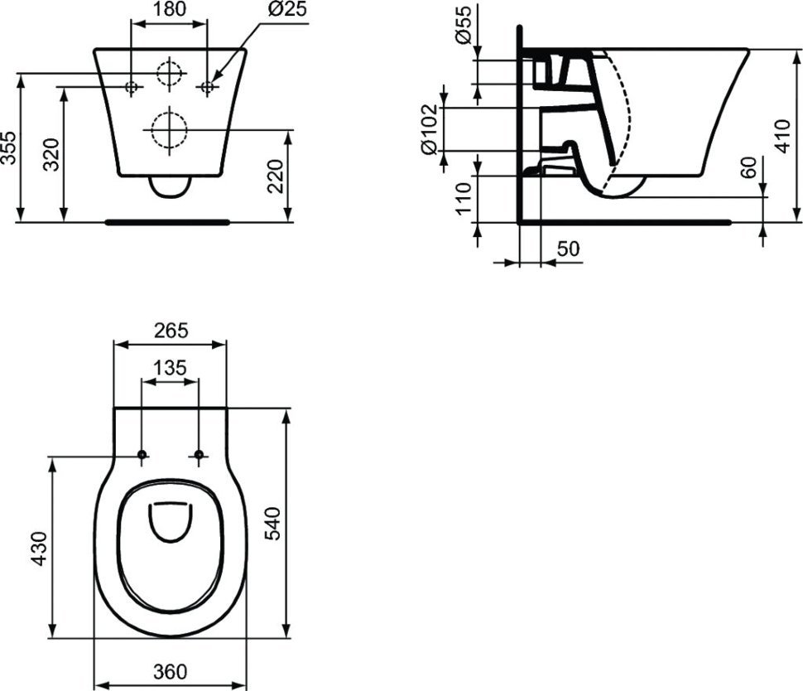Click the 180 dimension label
click(170, 9)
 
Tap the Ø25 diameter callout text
click(287, 9)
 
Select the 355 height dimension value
click(8, 147)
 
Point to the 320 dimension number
click(51, 154)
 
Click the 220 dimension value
click(276, 176)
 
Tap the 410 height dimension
click(782, 135)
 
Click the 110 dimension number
click(463, 198)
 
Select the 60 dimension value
click(748, 167)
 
